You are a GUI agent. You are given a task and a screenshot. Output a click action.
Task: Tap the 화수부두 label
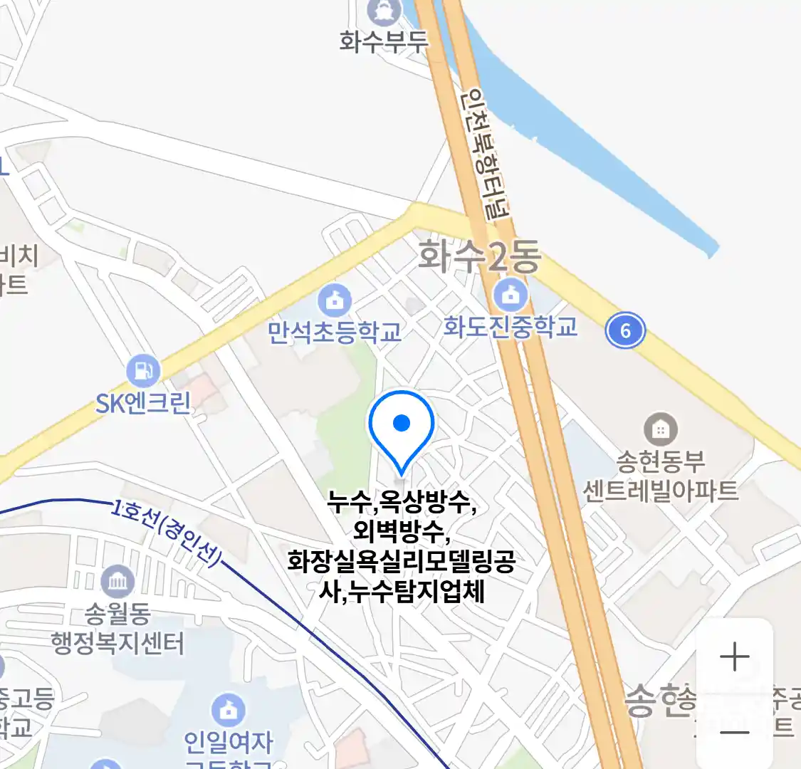pos(384,41)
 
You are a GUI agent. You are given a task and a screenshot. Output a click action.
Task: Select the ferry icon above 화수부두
pos(384,11)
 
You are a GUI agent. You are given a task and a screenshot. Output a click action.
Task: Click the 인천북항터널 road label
pos(486,153)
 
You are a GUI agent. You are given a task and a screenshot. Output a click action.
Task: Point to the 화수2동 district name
pos(479,256)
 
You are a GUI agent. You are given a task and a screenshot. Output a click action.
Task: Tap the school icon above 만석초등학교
pos(335,300)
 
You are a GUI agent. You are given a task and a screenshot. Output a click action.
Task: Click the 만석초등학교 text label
pos(335,332)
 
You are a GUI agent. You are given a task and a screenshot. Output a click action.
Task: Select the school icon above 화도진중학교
pos(510,294)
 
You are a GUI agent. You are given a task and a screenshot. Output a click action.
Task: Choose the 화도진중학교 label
pos(510,327)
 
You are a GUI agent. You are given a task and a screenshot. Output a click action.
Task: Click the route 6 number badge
pos(625,330)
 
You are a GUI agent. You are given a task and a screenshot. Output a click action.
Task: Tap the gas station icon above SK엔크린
pos(143,370)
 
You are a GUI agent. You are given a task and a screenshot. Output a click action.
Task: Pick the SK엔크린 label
pos(143,403)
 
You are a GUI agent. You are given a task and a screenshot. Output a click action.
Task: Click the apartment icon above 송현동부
pos(660,429)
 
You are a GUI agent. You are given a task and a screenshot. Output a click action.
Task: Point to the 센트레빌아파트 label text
pos(660,491)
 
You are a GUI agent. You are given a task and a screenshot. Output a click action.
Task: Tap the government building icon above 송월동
pos(117,582)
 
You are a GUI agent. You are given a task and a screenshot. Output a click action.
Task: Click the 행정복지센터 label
pos(117,643)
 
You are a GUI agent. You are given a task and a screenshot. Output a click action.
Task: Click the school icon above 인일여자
pos(228,710)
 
